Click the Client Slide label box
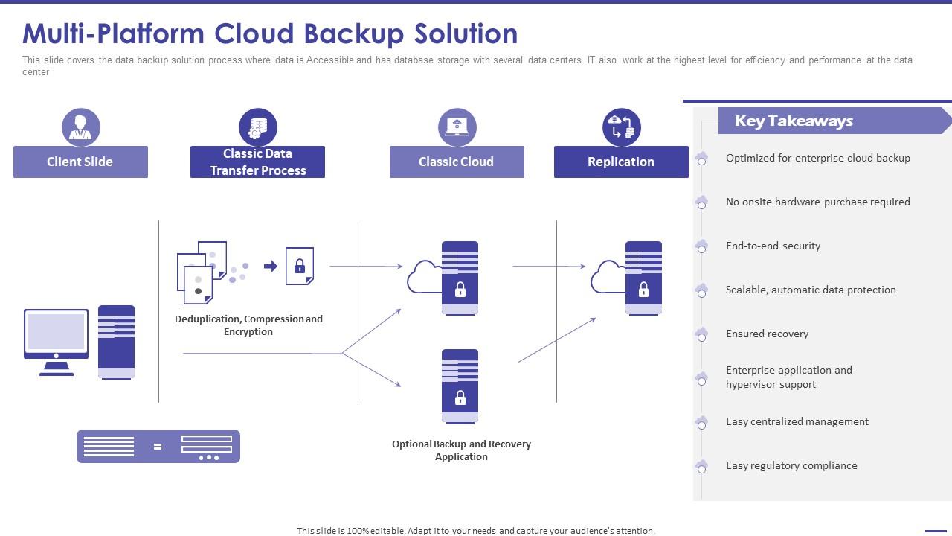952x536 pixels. [80, 162]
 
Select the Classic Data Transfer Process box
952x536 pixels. [257, 162]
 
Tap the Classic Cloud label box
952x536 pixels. [457, 162]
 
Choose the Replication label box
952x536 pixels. [621, 162]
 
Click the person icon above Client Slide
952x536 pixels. [80, 127]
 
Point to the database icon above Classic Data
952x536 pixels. [257, 127]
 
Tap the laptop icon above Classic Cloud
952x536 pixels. [457, 127]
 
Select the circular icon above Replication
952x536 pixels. [621, 127]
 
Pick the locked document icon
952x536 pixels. [300, 266]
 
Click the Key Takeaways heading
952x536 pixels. [794, 121]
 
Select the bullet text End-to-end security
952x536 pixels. [773, 246]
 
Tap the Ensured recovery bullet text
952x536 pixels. [767, 334]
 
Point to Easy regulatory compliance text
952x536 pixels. [791, 465]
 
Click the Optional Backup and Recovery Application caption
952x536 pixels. [461, 450]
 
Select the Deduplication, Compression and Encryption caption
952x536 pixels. [248, 325]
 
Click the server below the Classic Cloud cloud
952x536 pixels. [460, 386]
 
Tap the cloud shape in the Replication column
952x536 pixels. [608, 277]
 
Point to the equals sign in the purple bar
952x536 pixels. [158, 447]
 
